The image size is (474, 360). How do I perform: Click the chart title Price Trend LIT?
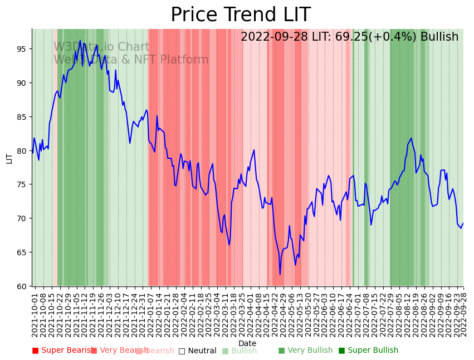240,15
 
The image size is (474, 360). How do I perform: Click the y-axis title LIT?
9,158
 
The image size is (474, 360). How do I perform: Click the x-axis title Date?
247,344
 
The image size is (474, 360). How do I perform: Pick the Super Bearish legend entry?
62,351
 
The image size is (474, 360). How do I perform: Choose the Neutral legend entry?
198,351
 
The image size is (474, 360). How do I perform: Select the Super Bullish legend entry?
369,351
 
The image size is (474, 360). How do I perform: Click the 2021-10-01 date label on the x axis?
35,313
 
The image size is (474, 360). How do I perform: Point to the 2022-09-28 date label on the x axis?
463,313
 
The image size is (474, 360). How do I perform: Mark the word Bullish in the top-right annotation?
439,37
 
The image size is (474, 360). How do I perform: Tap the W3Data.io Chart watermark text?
101,47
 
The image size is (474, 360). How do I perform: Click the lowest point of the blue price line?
280,274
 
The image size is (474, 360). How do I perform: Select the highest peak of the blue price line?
80,40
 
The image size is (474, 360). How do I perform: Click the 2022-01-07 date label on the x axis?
150,313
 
